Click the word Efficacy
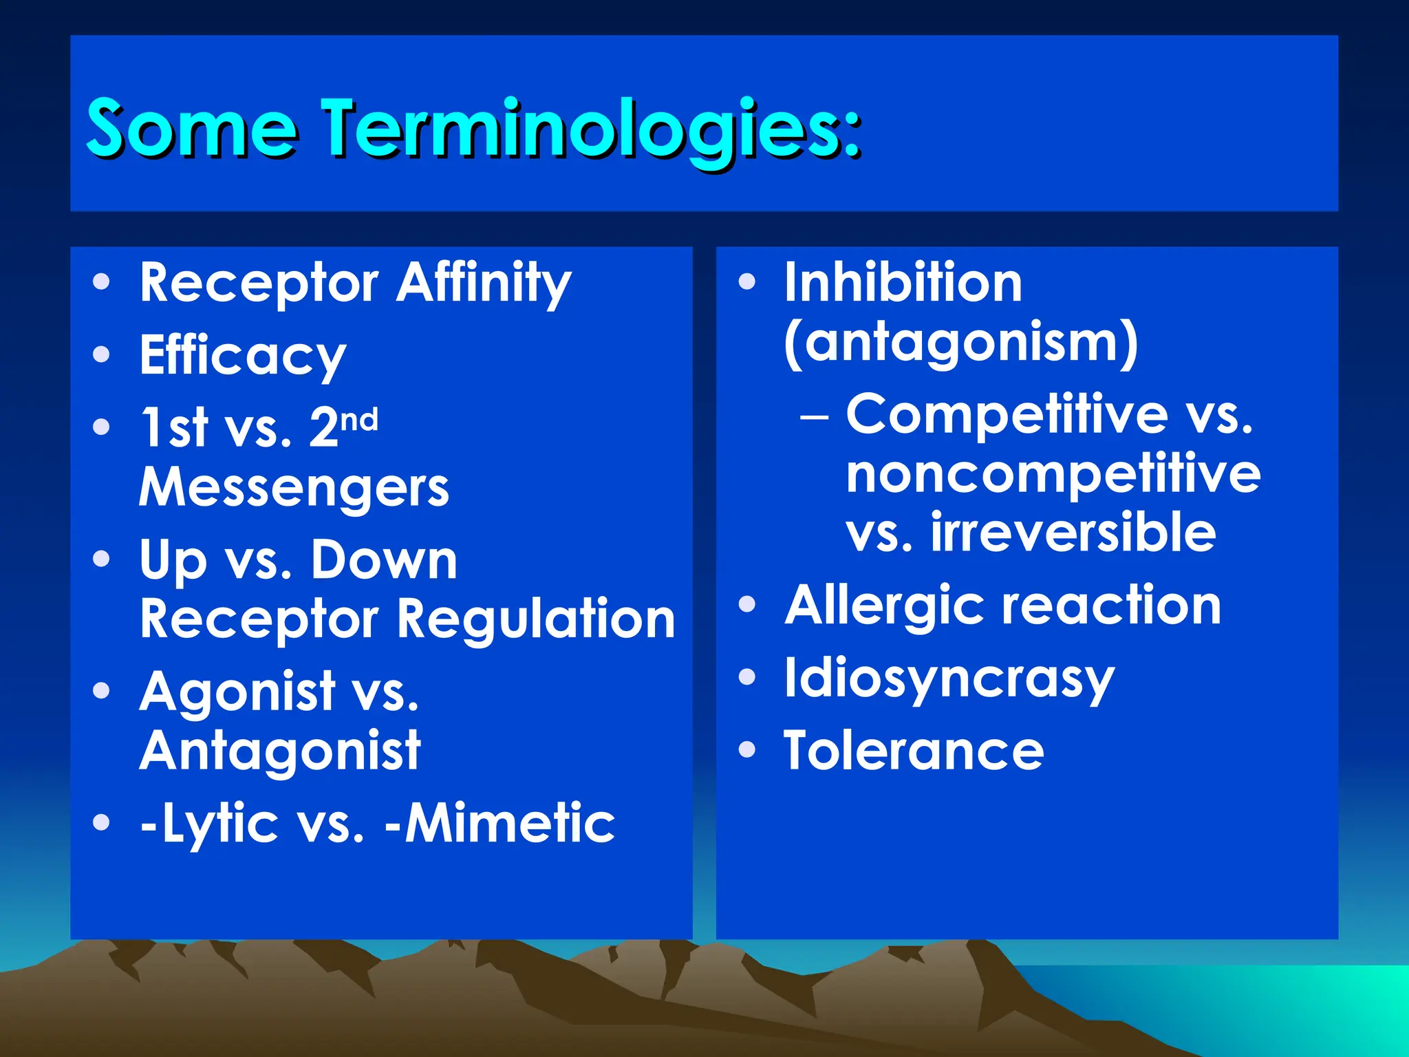242,355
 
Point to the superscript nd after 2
359,418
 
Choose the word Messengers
294,487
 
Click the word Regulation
537,619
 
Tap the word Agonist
237,691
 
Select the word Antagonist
280,751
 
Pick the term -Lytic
209,823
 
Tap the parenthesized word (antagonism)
960,342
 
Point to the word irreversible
1073,533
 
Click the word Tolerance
914,751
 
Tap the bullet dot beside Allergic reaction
746,605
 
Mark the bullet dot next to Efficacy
101,354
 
